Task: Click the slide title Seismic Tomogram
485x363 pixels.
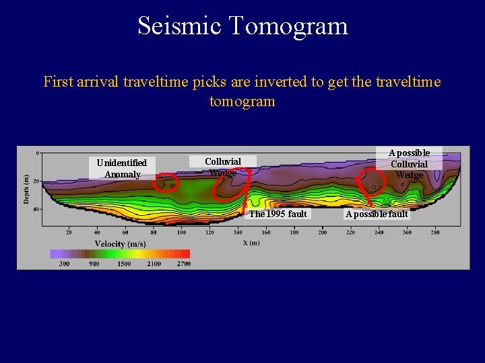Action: click(243, 26)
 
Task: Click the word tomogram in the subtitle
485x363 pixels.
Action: click(243, 102)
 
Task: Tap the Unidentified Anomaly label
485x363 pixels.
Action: click(122, 169)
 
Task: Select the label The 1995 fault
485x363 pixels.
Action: click(278, 214)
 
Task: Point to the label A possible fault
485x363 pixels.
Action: click(377, 214)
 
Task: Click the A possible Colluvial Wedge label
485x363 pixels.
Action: click(410, 164)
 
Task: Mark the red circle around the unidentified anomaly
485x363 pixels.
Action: click(166, 182)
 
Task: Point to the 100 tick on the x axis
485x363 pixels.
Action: click(182, 233)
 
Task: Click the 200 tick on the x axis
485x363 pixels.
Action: click(323, 233)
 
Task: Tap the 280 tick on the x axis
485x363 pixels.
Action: click(435, 233)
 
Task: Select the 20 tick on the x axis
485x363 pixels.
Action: click(69, 233)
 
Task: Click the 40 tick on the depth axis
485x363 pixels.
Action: click(36, 209)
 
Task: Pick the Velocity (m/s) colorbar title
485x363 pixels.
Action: click(120, 243)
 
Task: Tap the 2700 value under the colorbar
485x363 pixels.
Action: click(184, 264)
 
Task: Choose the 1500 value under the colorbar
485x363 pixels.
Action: click(123, 264)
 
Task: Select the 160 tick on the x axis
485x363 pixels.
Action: click(267, 233)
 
